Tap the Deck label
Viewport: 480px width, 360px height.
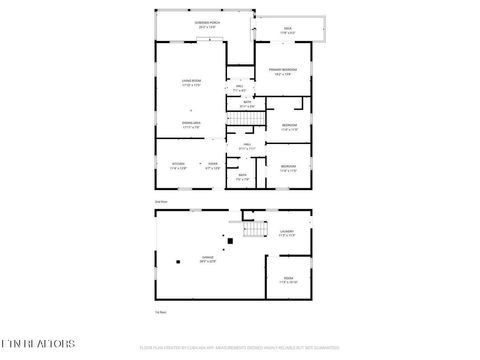pyautogui.click(x=287, y=29)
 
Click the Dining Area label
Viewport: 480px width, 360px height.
pyautogui.click(x=191, y=125)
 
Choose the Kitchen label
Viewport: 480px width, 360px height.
pyautogui.click(x=178, y=165)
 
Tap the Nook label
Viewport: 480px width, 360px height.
pyautogui.click(x=212, y=165)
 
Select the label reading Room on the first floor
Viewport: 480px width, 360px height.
pyautogui.click(x=287, y=279)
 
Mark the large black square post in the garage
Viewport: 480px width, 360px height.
pyautogui.click(x=227, y=240)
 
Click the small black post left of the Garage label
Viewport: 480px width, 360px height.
pyautogui.click(x=178, y=262)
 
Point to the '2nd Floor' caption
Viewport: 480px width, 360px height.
pyautogui.click(x=160, y=202)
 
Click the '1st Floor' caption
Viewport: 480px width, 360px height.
pyautogui.click(x=160, y=312)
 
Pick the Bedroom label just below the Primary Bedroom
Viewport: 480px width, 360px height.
pyautogui.click(x=288, y=127)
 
